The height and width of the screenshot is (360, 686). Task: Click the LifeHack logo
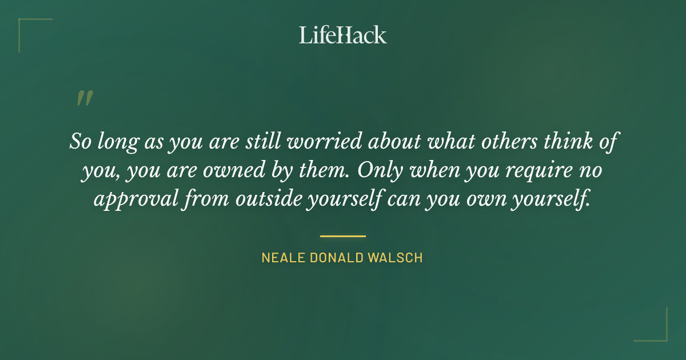(x=343, y=35)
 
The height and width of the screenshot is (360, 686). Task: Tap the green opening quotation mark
(x=84, y=98)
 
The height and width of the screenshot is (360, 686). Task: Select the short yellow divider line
(x=343, y=235)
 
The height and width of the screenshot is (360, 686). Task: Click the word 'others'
(x=493, y=141)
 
